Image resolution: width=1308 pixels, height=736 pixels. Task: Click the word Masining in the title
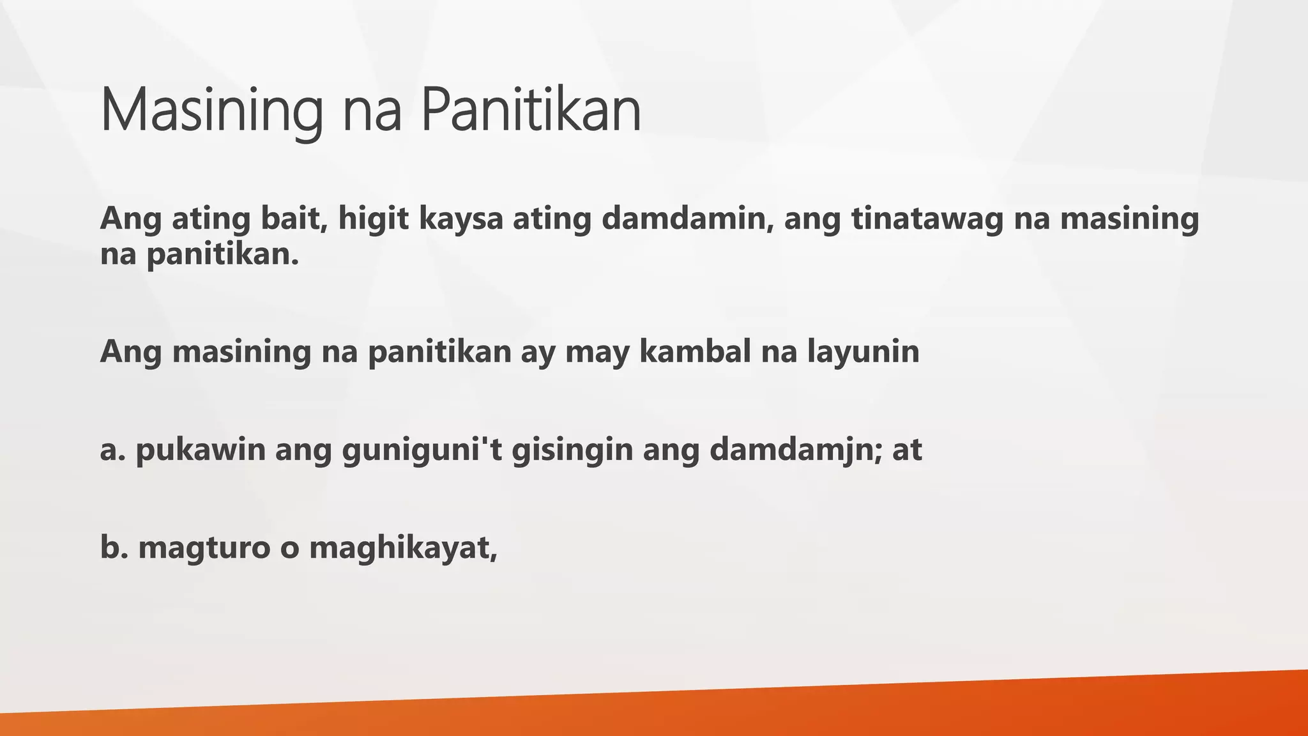(211, 111)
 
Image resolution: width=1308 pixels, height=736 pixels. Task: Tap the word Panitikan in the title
(531, 111)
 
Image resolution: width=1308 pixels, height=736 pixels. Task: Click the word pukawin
(201, 450)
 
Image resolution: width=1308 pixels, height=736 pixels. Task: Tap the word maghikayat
(402, 548)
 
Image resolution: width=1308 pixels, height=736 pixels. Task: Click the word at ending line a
(907, 450)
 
